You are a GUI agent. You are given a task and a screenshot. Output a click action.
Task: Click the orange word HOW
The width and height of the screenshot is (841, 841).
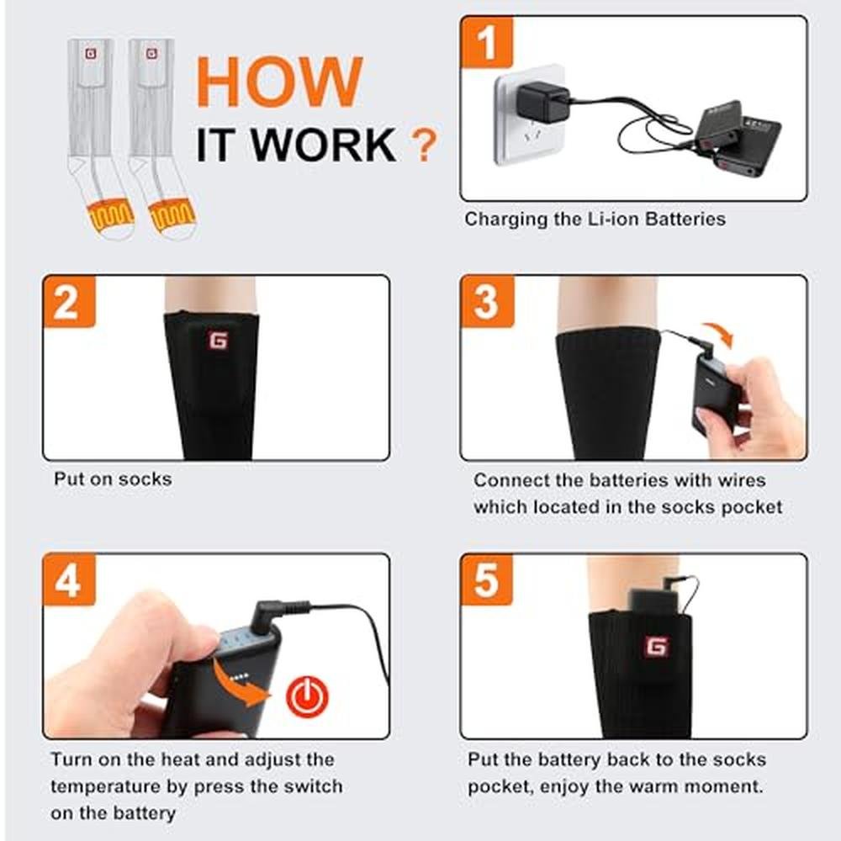[x=279, y=81]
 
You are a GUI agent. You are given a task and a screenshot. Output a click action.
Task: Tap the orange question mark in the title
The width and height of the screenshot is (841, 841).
[x=424, y=145]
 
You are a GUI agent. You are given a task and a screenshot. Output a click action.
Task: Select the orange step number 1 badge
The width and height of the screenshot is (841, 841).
[x=486, y=42]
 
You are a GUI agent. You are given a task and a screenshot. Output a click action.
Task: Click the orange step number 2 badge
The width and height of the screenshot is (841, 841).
[x=69, y=301]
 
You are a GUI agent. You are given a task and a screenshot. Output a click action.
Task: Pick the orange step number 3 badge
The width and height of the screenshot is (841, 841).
[x=487, y=301]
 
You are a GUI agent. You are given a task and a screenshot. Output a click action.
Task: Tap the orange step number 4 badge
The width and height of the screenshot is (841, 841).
[x=69, y=579]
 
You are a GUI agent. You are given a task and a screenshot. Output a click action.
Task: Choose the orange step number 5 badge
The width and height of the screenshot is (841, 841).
[x=486, y=579]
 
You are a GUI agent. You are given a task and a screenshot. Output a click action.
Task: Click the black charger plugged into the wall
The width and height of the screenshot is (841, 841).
[x=542, y=101]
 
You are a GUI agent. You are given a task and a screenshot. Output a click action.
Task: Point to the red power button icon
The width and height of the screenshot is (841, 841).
[x=306, y=696]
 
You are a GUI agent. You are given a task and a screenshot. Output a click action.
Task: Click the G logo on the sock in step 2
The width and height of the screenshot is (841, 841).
[x=218, y=340]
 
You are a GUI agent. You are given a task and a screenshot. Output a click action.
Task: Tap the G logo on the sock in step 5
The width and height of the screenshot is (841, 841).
[x=657, y=646]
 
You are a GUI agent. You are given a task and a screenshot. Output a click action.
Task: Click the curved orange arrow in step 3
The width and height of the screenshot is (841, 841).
[x=719, y=332]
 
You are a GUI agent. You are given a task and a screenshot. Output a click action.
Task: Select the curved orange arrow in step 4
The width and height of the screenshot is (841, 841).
[x=240, y=682]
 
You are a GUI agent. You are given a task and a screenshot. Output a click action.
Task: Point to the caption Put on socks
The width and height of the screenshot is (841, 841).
[x=113, y=479]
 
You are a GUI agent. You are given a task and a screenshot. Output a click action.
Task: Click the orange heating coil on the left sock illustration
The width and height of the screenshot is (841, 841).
[x=110, y=213]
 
